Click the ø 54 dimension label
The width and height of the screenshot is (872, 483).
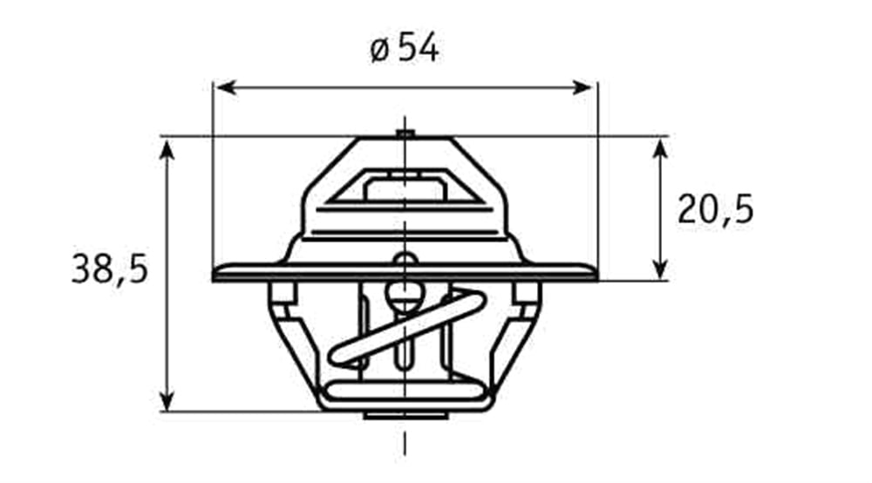click(x=405, y=49)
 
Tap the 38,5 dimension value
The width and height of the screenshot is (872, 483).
click(x=109, y=270)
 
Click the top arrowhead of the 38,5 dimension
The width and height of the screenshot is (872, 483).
click(x=167, y=146)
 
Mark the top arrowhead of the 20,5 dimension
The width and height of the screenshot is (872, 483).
click(x=660, y=146)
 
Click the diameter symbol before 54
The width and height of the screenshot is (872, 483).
click(x=378, y=51)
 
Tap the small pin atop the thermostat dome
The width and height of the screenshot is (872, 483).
click(x=404, y=133)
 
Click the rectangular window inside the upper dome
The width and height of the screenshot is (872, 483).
click(x=405, y=187)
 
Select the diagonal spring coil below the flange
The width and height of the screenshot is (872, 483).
click(x=405, y=331)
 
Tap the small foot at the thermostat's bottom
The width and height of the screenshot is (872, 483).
click(x=405, y=415)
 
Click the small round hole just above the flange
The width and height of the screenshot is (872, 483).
click(x=404, y=260)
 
